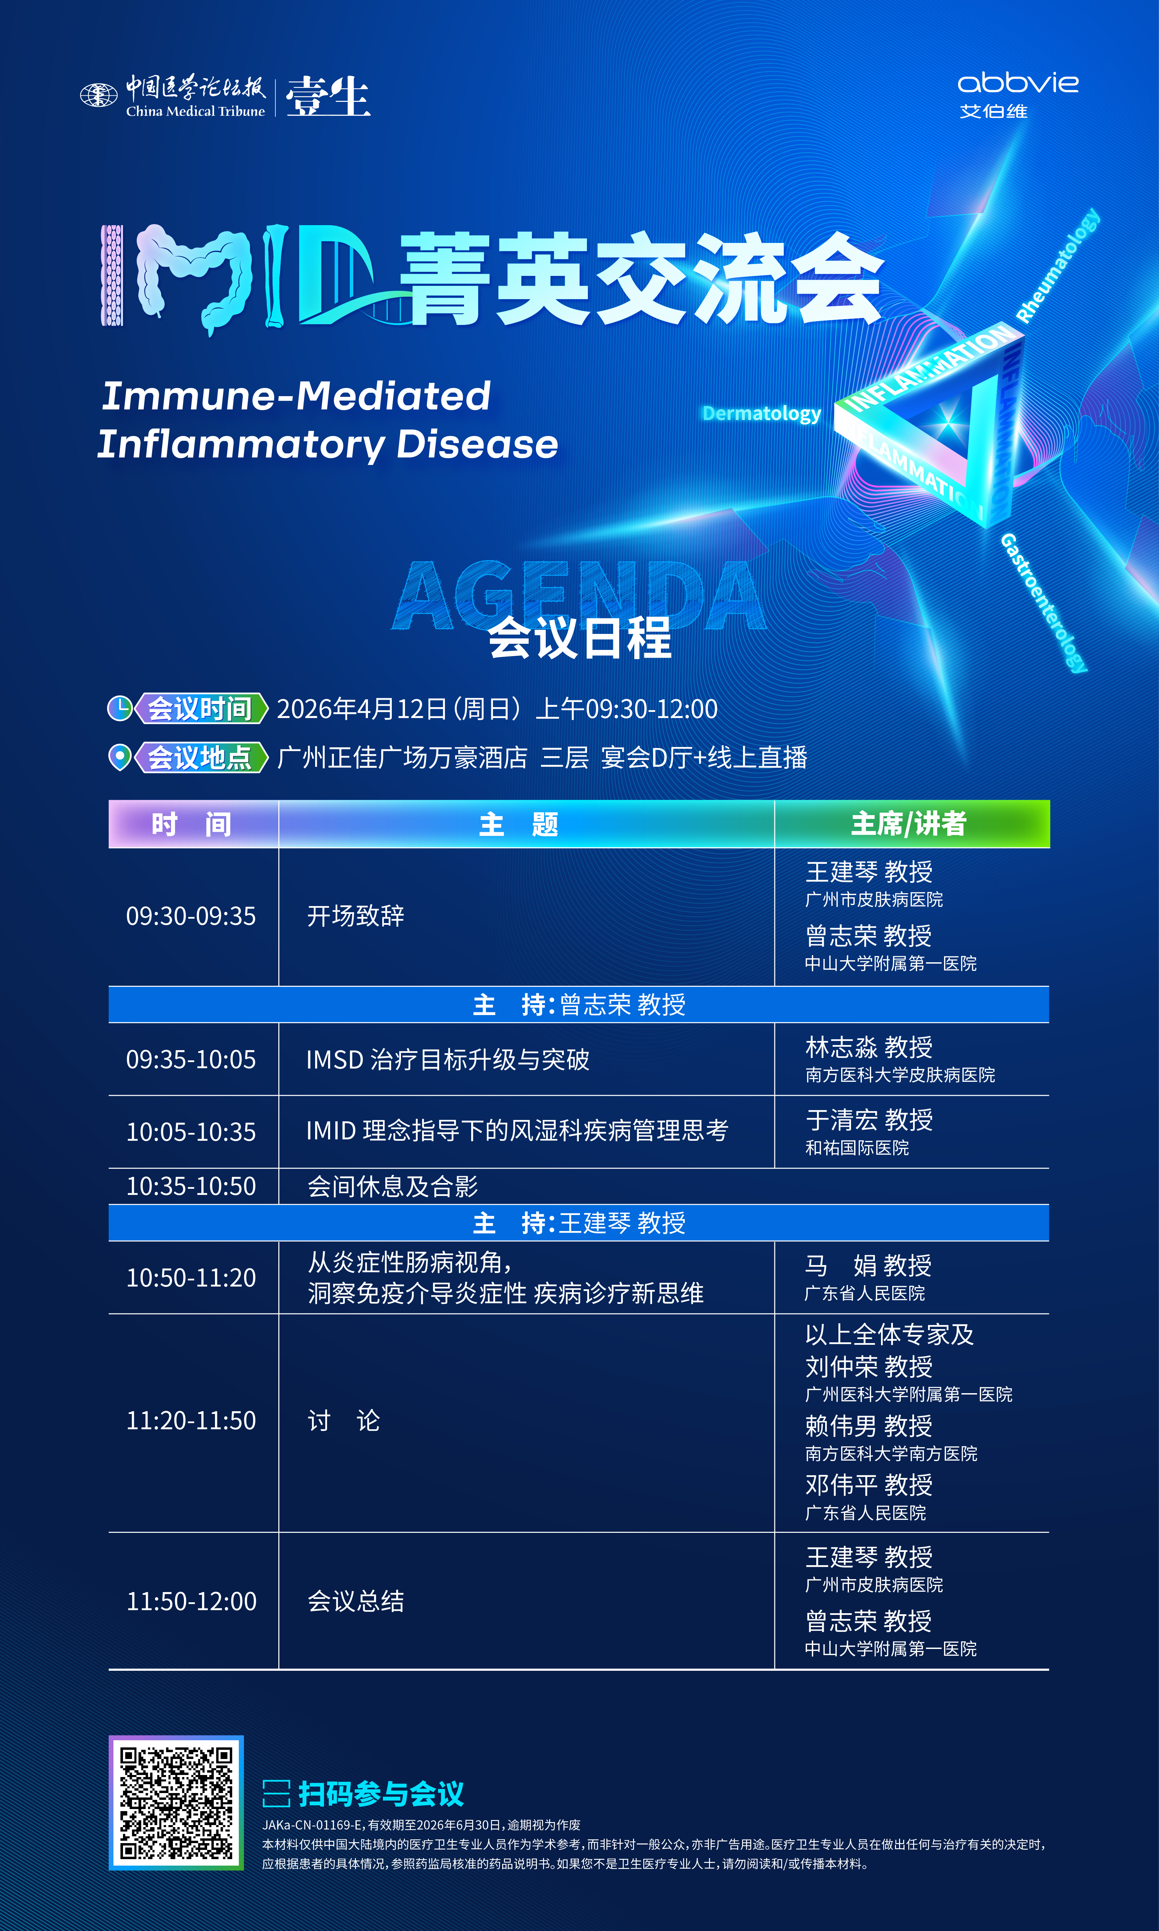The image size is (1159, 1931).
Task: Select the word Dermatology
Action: [761, 414]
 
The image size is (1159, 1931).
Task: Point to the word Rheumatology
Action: [1058, 265]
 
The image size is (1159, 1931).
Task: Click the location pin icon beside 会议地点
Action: [120, 757]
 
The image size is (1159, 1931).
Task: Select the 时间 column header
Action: [192, 824]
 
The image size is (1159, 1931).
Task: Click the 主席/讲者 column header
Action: [909, 824]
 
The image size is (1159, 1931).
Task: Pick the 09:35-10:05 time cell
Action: [191, 1060]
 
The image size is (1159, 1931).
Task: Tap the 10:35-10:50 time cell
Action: [191, 1186]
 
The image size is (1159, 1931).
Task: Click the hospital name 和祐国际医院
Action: [857, 1148]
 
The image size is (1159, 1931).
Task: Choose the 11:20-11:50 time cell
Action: [191, 1420]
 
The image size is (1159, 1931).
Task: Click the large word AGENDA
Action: [579, 595]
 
